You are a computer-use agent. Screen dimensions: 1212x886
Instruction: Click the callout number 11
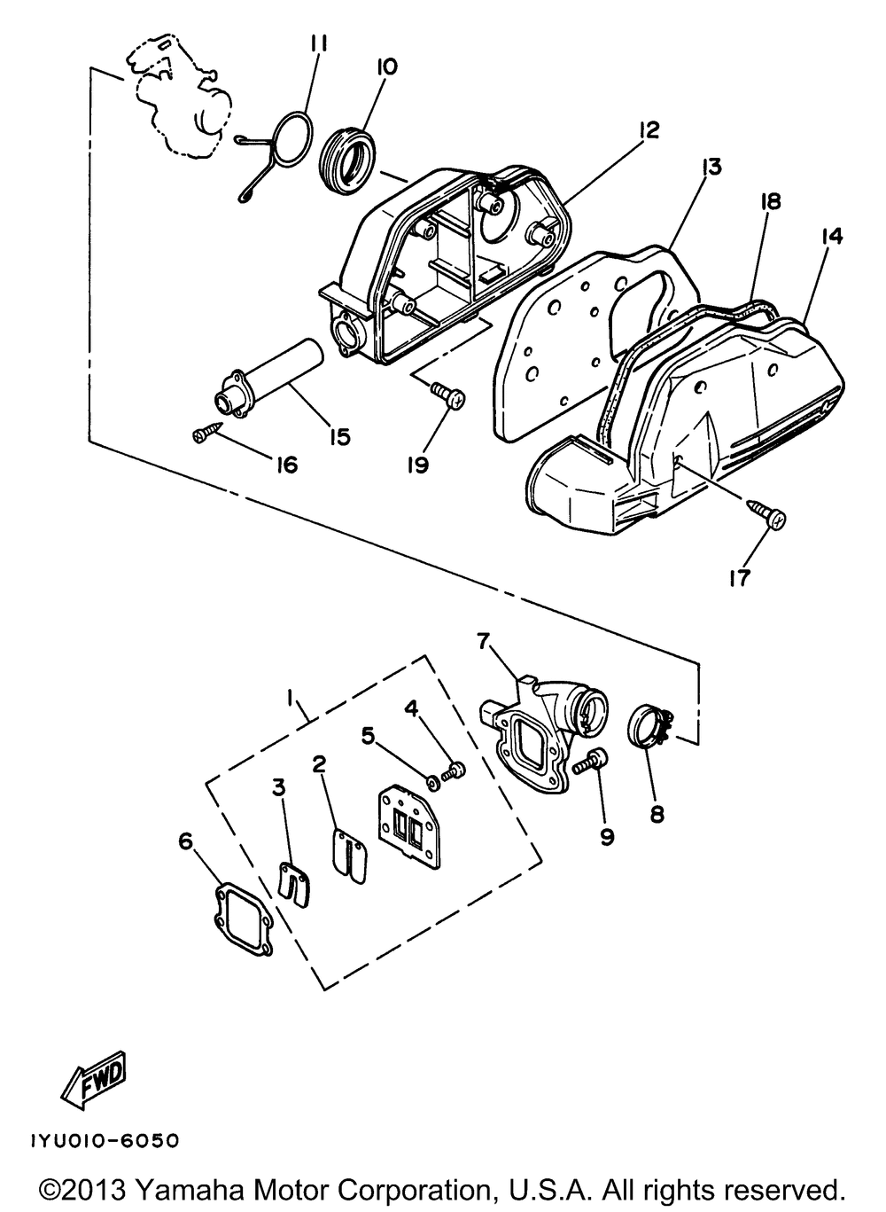tap(319, 43)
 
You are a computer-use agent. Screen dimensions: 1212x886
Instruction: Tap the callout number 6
tap(185, 841)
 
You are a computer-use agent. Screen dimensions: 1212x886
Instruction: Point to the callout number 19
tap(417, 463)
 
